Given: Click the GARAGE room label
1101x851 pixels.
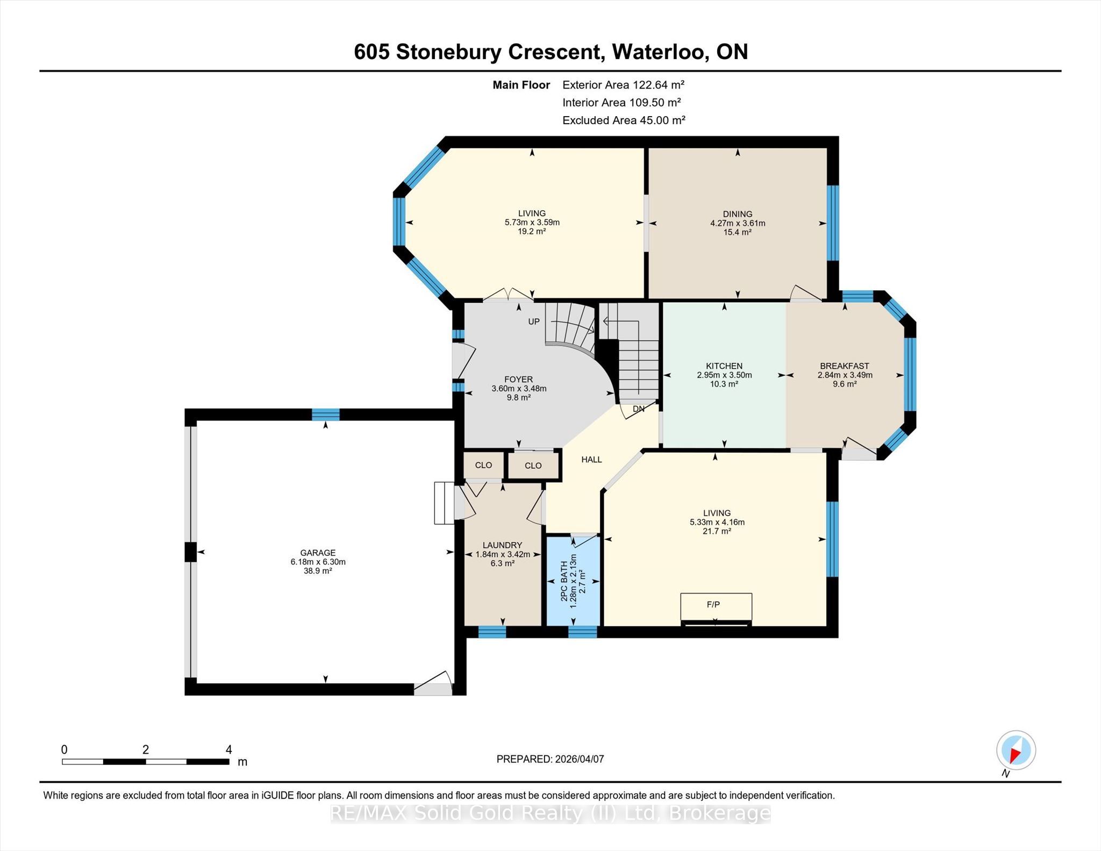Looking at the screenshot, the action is coord(318,553).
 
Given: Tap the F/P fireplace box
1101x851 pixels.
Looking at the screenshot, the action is coord(716,607).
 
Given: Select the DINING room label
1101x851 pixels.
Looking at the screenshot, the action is coord(738,214).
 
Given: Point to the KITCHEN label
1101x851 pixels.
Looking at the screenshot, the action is coord(724,366).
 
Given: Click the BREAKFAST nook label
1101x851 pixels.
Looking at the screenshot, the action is coord(845,366).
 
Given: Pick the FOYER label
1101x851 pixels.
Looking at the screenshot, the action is coord(519,380).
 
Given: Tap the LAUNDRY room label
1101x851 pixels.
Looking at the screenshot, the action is coord(502,545).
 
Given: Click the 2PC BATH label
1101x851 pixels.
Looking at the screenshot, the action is coord(564,581).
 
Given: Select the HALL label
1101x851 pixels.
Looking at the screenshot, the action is coord(591,460).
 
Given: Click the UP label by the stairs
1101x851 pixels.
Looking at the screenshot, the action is coord(534,321).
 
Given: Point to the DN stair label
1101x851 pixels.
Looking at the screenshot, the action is coord(639,409).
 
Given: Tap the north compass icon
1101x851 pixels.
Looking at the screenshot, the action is coord(1016,750).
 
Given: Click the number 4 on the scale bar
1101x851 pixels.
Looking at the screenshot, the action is coord(229,749).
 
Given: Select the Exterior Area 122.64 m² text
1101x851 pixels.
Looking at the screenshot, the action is coord(624,85).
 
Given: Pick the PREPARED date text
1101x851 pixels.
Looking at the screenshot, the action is coord(550,759).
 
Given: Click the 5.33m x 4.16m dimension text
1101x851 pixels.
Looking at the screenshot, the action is coord(717,522).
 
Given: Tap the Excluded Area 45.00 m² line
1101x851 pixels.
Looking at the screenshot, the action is coord(624,120).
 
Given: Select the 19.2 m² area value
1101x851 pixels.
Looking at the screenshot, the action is coord(532,231).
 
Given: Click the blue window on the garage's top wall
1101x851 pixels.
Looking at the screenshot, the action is coord(326,414).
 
